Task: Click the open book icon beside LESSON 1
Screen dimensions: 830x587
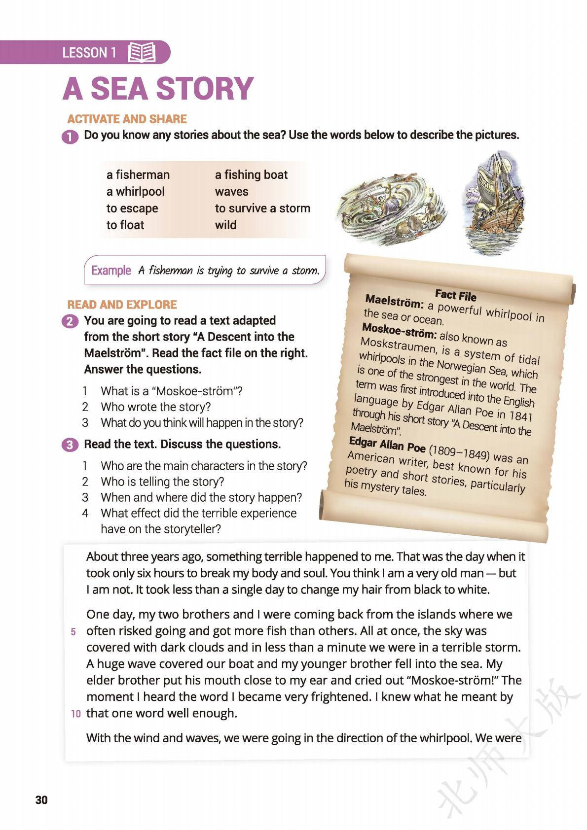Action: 142,52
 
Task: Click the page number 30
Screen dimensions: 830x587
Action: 42,799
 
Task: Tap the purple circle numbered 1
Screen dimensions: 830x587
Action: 70,136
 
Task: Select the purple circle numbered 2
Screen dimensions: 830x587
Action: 70,321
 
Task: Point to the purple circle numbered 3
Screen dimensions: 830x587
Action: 70,445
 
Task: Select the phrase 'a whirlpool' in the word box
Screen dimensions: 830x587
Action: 135,192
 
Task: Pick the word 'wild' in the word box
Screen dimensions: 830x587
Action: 225,225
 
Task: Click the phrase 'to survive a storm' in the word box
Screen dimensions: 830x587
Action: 262,208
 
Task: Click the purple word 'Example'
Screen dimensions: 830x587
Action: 111,271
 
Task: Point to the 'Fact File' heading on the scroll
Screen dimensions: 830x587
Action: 455,295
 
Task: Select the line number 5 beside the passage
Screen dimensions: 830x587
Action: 73,632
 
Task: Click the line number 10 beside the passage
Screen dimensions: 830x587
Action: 75,714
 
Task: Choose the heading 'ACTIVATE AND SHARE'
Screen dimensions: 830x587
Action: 127,119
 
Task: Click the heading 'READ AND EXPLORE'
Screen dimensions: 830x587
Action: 122,305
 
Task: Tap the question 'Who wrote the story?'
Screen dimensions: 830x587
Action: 155,407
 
